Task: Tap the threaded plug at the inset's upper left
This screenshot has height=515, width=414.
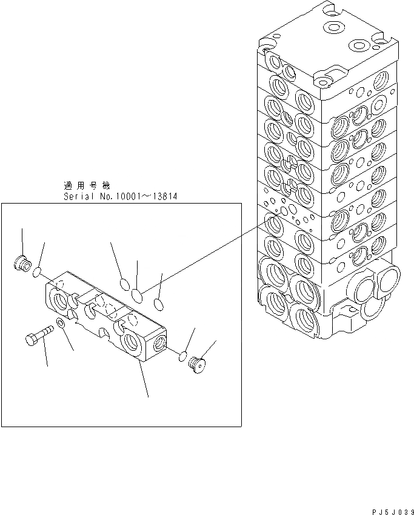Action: point(22,262)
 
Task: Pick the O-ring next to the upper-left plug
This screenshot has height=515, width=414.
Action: point(38,272)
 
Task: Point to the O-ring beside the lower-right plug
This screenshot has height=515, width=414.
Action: point(182,357)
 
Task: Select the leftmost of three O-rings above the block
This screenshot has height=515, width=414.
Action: point(124,284)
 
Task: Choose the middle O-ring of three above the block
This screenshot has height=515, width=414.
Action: point(137,295)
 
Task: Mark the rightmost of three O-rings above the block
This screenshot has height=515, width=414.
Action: point(158,304)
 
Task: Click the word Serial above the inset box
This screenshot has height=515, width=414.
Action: point(78,197)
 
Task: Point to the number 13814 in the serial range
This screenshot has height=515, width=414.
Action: point(165,197)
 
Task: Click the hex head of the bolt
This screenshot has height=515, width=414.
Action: point(32,339)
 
